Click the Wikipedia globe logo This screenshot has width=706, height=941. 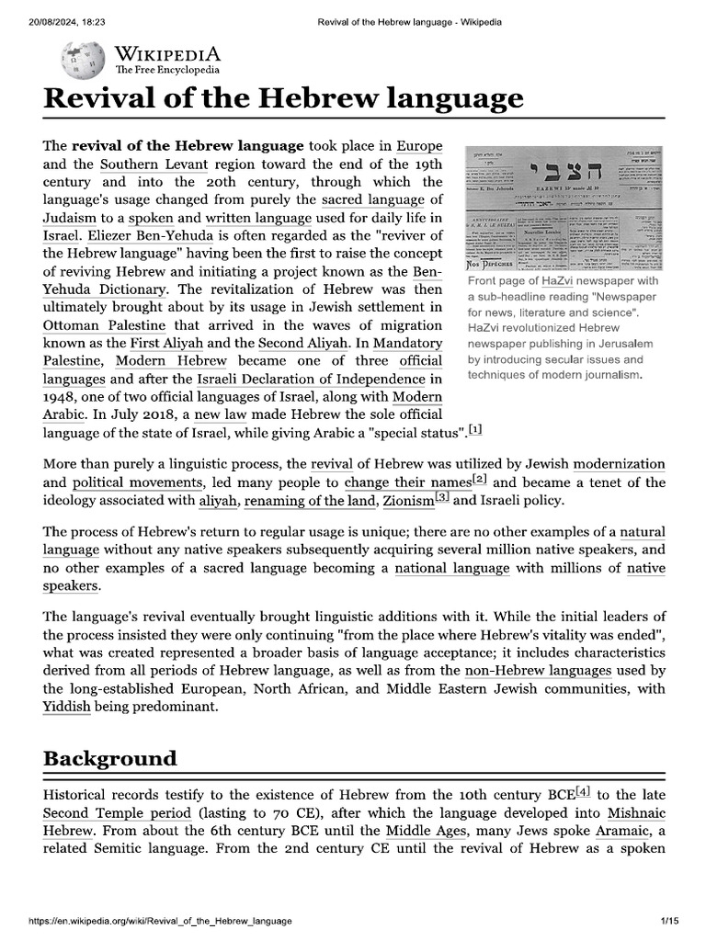[x=76, y=61]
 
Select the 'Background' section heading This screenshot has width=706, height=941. [x=109, y=758]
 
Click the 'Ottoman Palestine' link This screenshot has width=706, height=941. [x=104, y=324]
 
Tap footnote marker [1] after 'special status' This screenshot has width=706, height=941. [x=474, y=429]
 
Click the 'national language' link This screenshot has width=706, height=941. [x=451, y=568]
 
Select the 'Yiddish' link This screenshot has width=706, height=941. [x=66, y=707]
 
